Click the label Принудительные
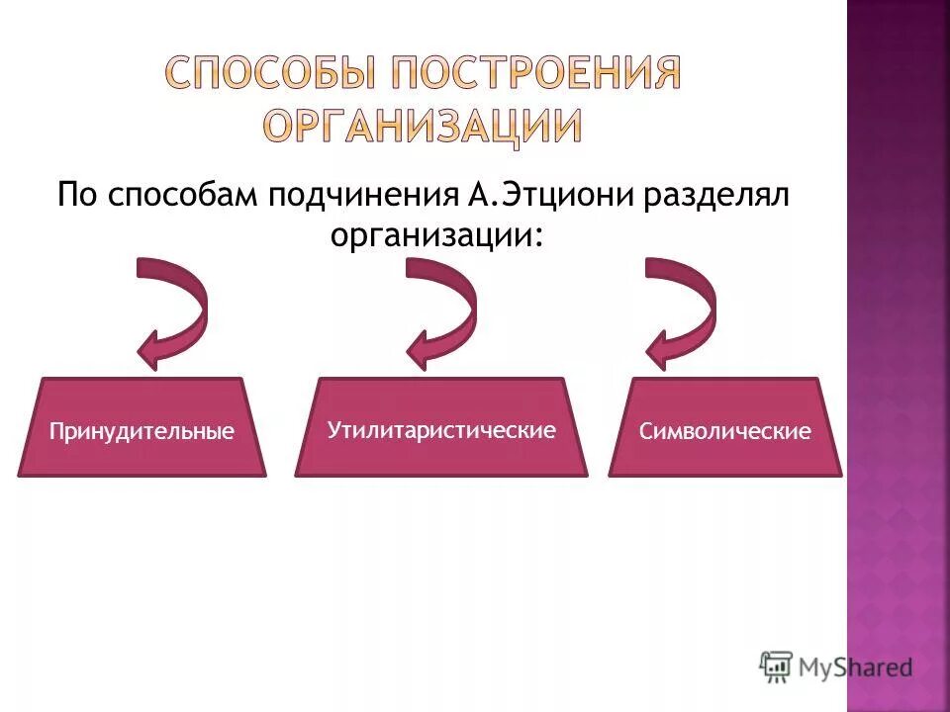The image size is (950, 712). (x=142, y=431)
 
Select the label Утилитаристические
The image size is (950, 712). (x=440, y=430)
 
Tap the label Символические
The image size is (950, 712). (x=725, y=431)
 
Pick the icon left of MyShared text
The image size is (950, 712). (x=776, y=667)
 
